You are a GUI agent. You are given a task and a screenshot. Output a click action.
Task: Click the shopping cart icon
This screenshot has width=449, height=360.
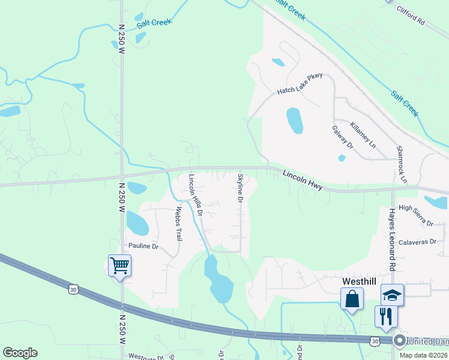click(119, 265)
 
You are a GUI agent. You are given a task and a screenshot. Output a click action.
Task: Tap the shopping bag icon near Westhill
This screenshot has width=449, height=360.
click(352, 298)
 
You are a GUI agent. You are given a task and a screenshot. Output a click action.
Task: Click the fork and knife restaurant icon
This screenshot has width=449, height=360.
click(385, 316)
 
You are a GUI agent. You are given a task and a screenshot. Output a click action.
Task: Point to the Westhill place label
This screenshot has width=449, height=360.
click(358, 280)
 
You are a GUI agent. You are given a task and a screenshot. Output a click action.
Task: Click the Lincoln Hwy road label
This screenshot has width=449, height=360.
click(303, 179)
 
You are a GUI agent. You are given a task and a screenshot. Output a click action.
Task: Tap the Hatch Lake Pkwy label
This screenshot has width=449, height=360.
click(300, 83)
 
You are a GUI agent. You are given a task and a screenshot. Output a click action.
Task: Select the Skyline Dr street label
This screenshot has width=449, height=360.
click(240, 187)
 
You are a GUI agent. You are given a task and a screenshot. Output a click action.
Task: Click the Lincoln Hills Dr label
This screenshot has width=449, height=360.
click(196, 194)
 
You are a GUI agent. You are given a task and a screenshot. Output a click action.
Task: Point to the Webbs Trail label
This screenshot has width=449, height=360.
click(178, 224)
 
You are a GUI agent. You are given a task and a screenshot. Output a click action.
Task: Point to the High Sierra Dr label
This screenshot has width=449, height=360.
click(415, 215)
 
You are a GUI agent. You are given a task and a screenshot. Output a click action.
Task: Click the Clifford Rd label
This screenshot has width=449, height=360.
click(411, 15)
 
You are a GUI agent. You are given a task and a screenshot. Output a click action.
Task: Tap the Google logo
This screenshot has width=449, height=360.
click(20, 353)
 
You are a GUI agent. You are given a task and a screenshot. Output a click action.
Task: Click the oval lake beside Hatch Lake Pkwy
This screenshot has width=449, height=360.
click(294, 121)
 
